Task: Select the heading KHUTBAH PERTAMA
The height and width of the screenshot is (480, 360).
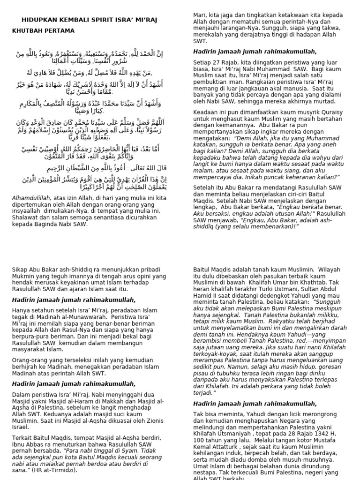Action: coord(43,31)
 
